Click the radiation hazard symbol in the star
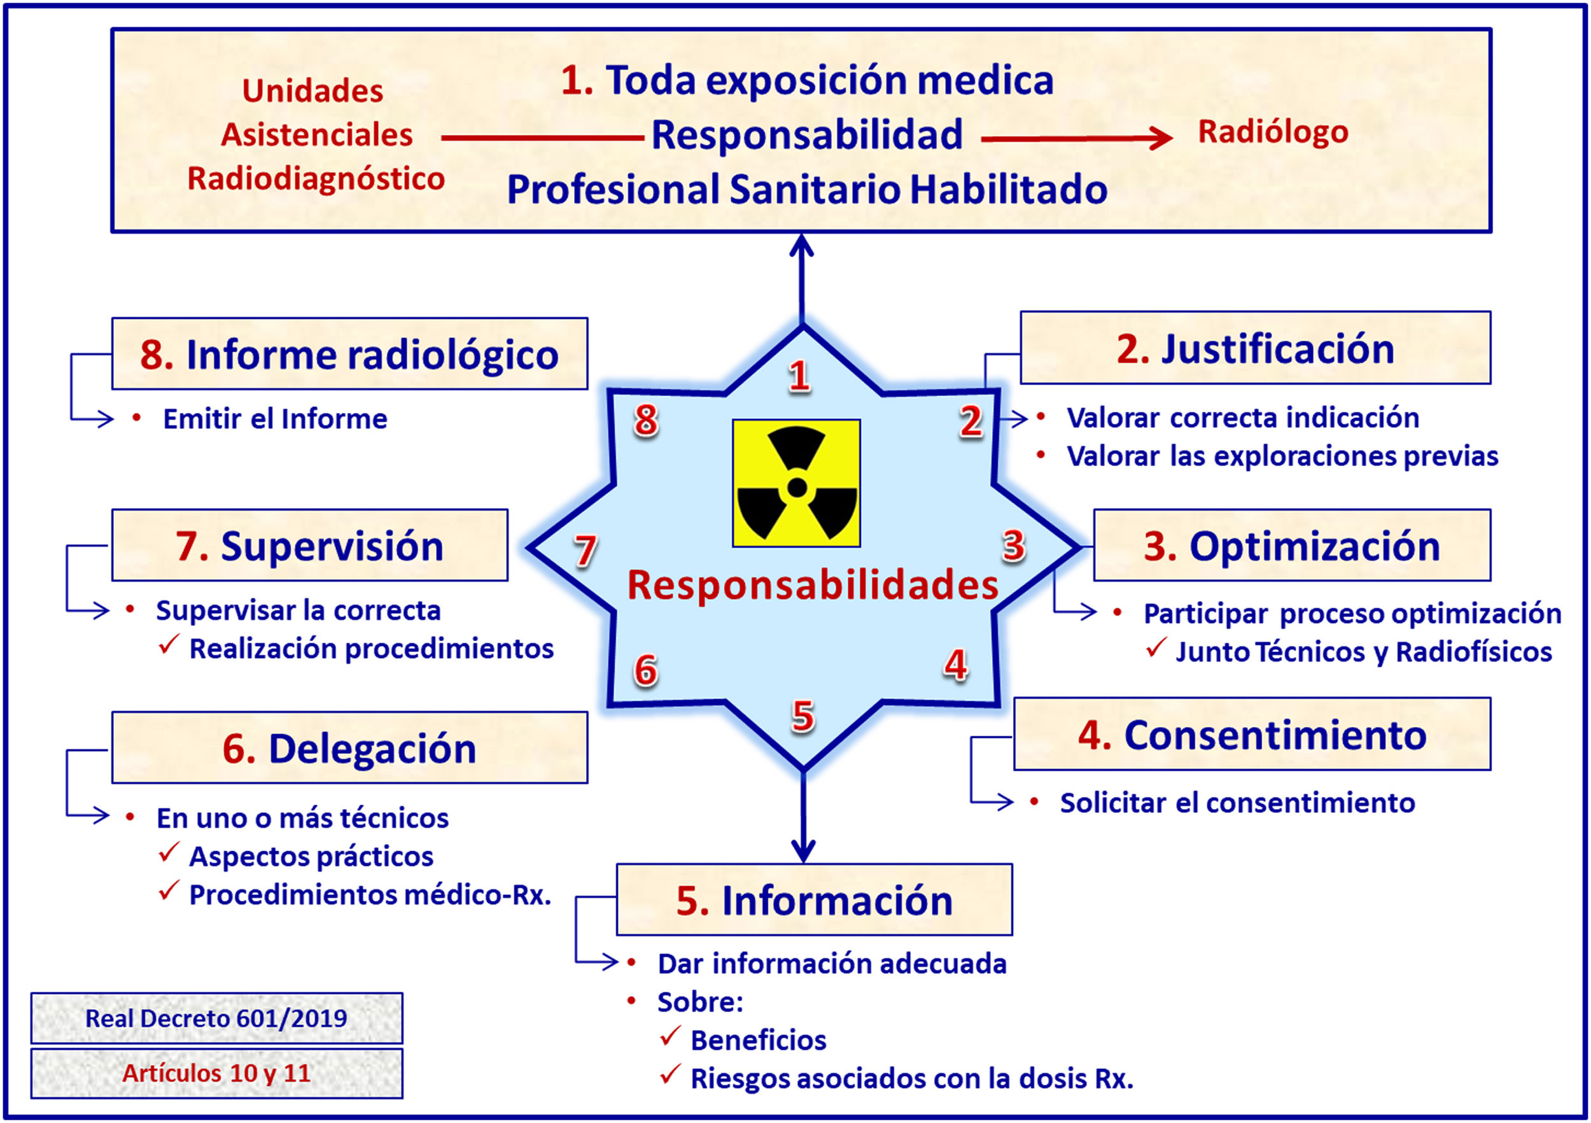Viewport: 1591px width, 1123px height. tap(796, 483)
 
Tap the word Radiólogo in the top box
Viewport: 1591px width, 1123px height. tap(1273, 132)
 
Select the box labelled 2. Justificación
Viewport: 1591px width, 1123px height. tap(1255, 348)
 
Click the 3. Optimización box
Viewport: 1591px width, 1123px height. tap(1292, 546)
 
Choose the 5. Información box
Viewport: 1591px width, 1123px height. tap(813, 900)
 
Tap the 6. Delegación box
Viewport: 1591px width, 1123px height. tap(349, 748)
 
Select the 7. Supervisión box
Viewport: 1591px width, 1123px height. tap(310, 546)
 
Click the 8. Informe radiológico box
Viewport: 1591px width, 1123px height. tap(349, 353)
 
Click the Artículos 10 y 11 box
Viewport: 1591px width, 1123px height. tap(216, 1073)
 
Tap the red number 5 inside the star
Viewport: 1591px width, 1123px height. tap(803, 716)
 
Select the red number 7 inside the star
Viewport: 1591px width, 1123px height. tap(585, 551)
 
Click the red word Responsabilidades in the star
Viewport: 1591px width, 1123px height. tap(812, 584)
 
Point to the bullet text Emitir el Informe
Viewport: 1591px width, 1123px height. tap(274, 419)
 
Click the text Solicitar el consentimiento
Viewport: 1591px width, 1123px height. tap(1237, 803)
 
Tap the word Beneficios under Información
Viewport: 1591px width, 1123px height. tap(758, 1040)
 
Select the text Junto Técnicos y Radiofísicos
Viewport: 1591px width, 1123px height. tap(1363, 652)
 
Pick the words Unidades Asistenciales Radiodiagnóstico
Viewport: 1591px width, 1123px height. tap(316, 134)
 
